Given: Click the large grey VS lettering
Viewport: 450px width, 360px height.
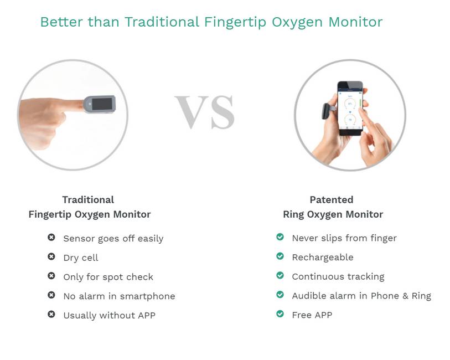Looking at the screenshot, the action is tap(205, 112).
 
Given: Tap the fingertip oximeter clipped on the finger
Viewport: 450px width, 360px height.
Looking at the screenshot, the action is tap(100, 104).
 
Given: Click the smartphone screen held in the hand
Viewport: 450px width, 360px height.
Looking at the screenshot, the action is tap(350, 110).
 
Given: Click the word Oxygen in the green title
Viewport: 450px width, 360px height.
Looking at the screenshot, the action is tap(297, 22).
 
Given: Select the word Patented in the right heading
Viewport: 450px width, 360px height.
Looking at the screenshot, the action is tap(332, 199).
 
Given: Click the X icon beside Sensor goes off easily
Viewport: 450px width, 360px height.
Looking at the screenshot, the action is tap(51, 238).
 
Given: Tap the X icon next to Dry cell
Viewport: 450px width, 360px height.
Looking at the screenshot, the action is tap(51, 256).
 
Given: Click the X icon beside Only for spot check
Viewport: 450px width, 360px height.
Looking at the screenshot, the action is tap(51, 276).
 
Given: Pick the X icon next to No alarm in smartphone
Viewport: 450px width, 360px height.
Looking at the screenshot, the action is tap(51, 295).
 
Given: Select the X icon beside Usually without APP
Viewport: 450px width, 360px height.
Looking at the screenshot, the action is tap(51, 315).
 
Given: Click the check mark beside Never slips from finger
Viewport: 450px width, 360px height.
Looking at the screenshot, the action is tap(280, 237).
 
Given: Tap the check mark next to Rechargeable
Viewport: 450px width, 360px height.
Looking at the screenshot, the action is tap(280, 256).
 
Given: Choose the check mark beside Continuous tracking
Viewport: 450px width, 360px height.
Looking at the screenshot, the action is tap(280, 275).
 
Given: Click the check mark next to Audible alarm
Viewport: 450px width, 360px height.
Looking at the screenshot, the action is tap(280, 295).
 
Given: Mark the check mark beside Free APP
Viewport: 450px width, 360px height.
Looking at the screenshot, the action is tap(280, 314).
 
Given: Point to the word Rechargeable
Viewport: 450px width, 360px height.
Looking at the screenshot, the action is tap(323, 258).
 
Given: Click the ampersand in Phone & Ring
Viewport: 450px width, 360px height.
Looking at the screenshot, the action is tap(405, 296).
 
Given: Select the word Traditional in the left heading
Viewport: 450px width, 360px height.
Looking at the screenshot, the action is tap(88, 199).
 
